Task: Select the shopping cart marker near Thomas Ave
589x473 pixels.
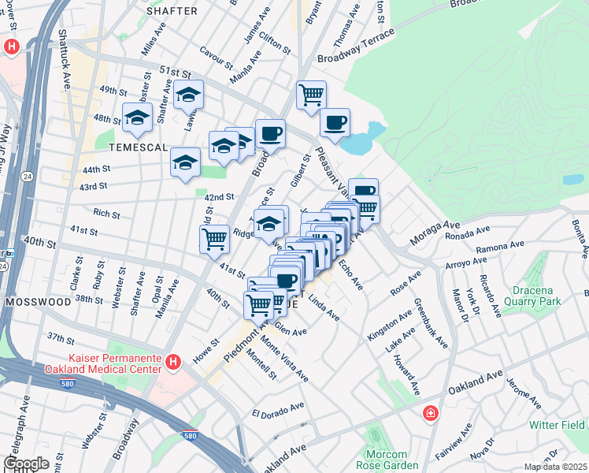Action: [x=312, y=95]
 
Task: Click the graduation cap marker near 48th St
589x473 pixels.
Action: [x=137, y=117]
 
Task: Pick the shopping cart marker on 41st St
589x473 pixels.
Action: [x=214, y=239]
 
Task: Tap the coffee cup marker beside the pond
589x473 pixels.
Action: [x=335, y=122]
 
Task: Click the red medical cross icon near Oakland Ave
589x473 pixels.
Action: [x=431, y=413]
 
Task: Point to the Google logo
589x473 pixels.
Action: [x=26, y=463]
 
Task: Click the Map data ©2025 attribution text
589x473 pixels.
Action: [x=554, y=467]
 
